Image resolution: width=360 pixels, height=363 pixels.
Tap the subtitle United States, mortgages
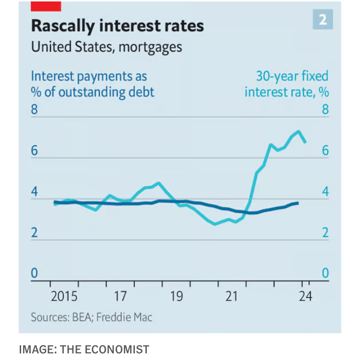click(x=107, y=47)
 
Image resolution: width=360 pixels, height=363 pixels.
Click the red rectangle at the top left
click(x=46, y=6)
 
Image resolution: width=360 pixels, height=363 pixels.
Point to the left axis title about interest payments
click(x=93, y=84)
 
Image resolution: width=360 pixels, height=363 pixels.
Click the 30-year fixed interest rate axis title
click(x=287, y=84)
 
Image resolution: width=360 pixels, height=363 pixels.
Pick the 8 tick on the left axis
click(x=34, y=109)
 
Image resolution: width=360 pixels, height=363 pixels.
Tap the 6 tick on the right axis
click(x=325, y=151)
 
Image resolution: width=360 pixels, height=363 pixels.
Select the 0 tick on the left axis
click(x=34, y=273)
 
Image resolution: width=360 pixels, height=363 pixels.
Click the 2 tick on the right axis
click(x=325, y=232)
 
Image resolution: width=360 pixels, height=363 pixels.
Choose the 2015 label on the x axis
click(x=65, y=296)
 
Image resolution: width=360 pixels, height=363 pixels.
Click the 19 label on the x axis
click(x=176, y=296)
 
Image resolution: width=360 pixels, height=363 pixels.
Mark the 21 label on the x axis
click(x=232, y=296)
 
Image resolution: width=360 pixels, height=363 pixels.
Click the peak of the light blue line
click(x=299, y=131)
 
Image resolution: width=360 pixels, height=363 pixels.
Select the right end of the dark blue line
click(x=298, y=203)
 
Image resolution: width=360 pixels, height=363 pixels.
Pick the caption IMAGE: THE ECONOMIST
click(x=84, y=349)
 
